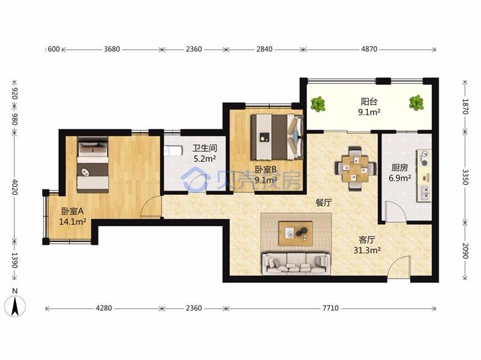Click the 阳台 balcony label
pyautogui.click(x=369, y=102)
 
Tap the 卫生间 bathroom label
pyautogui.click(x=205, y=148)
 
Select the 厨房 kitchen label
pyautogui.click(x=400, y=168)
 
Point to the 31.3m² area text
pyautogui.click(x=367, y=251)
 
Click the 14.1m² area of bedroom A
pyautogui.click(x=72, y=222)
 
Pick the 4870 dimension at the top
pyautogui.click(x=369, y=49)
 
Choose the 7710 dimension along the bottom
pyautogui.click(x=330, y=308)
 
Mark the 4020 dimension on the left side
pyautogui.click(x=14, y=187)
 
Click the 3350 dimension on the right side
pyautogui.click(x=465, y=177)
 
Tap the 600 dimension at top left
pyautogui.click(x=54, y=49)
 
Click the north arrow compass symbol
pyautogui.click(x=15, y=306)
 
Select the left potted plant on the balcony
pyautogui.click(x=318, y=104)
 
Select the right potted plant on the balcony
pyautogui.click(x=416, y=103)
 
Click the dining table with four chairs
pyautogui.click(x=355, y=169)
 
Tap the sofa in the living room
pyautogui.click(x=296, y=263)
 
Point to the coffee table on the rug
pyautogui.click(x=295, y=234)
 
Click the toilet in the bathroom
pyautogui.click(x=170, y=151)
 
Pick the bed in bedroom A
pyautogui.click(x=93, y=165)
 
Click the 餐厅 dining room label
pyautogui.click(x=323, y=203)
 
